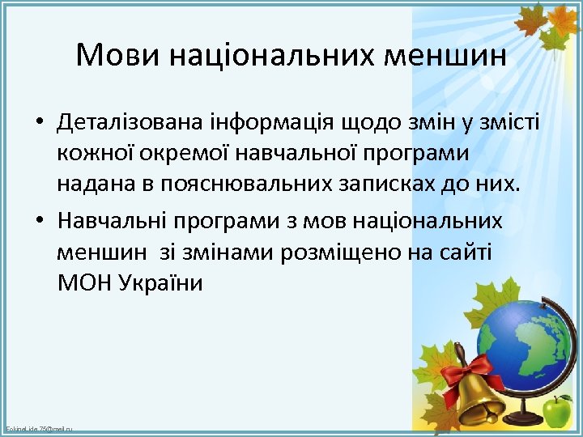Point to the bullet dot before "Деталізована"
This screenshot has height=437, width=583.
tap(38, 123)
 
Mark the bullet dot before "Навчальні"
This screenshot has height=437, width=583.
tap(38, 221)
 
